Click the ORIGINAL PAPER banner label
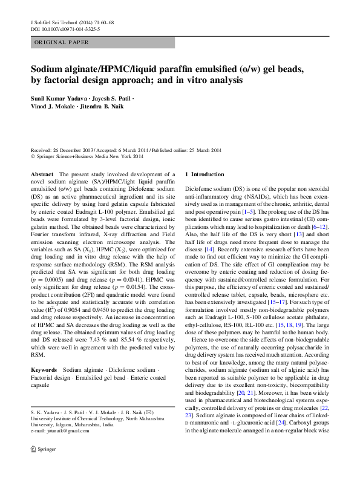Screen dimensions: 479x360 pyautogui.click(x=62, y=42)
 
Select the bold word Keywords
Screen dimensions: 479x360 pyautogui.click(x=44, y=369)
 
